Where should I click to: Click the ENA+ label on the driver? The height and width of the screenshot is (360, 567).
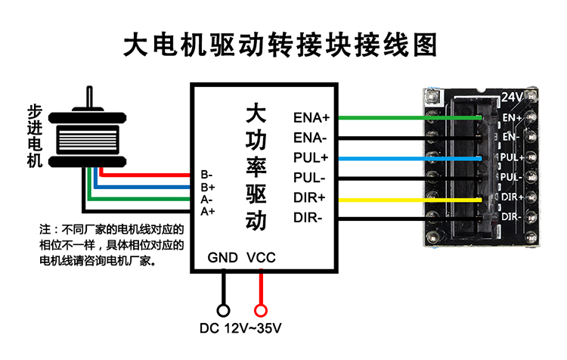[x=311, y=118]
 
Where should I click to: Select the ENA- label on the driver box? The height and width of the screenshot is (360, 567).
[x=310, y=138]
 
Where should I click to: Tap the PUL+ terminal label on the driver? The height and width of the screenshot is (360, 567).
[x=311, y=158]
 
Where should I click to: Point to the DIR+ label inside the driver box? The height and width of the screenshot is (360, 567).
[x=309, y=198]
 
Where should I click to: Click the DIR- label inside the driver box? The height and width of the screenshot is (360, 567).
[x=308, y=218]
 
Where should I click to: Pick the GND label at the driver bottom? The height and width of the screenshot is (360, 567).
[x=223, y=257]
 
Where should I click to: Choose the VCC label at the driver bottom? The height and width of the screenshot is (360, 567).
[x=262, y=257]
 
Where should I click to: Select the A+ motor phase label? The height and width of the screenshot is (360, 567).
[x=208, y=211]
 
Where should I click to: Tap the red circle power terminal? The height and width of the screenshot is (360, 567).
[x=262, y=310]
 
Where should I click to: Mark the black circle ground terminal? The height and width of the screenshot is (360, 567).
[x=223, y=310]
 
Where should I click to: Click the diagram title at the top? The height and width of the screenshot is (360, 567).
[x=280, y=45]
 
